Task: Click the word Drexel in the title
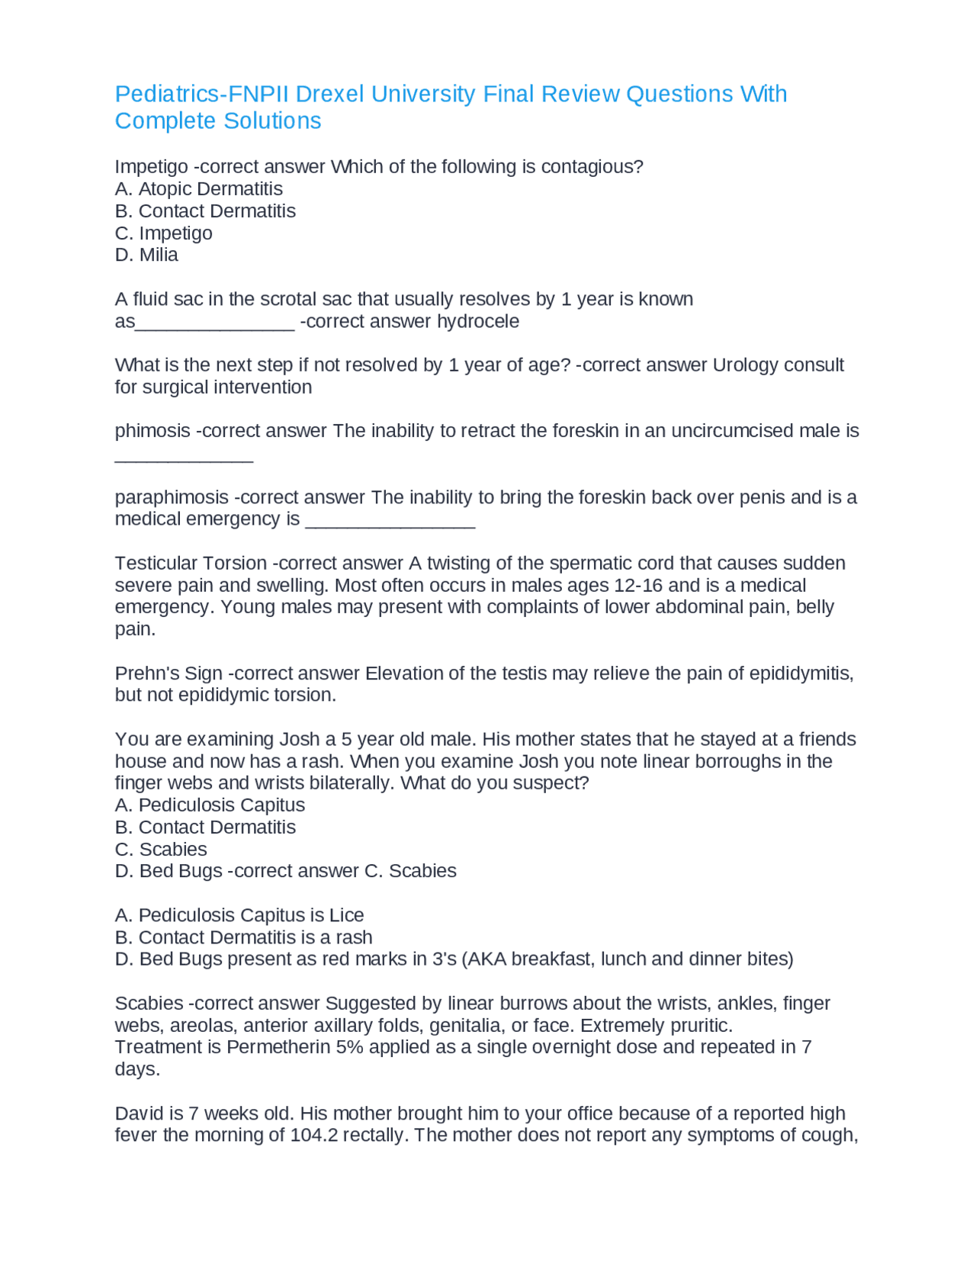tap(330, 94)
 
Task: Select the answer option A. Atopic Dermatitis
tap(198, 189)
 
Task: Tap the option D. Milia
tap(146, 255)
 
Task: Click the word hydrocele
tap(478, 321)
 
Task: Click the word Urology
tap(743, 365)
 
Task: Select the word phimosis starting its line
tap(152, 431)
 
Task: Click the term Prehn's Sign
tap(169, 673)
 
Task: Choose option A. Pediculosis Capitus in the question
tap(210, 805)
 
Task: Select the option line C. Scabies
tap(161, 850)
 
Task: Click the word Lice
tap(347, 915)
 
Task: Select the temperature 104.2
tap(313, 1136)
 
